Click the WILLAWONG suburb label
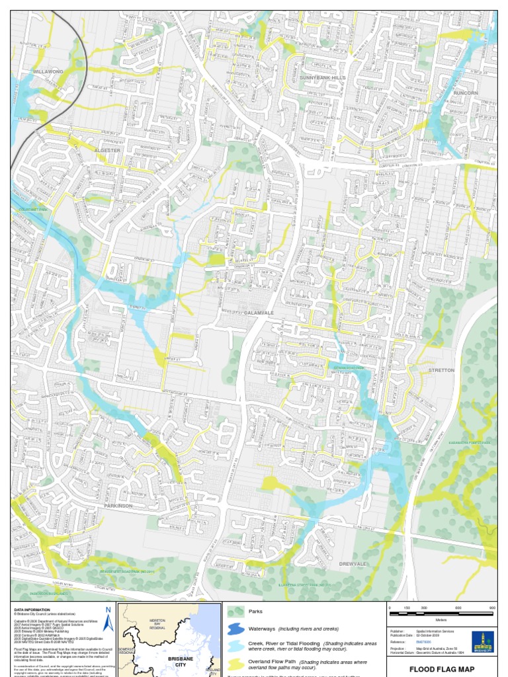point(49,71)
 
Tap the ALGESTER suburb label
point(107,151)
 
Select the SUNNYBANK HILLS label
point(323,78)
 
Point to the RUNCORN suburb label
point(466,93)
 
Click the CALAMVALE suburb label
point(259,312)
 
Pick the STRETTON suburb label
point(441,370)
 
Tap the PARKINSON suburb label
point(118,506)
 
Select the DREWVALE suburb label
point(353,564)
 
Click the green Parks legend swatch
point(235,612)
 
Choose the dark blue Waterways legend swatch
point(235,629)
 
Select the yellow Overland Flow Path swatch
point(235,663)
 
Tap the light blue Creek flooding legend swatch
point(235,646)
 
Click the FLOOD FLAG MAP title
point(441,669)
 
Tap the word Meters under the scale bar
point(441,619)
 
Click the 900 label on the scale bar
point(492,608)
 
